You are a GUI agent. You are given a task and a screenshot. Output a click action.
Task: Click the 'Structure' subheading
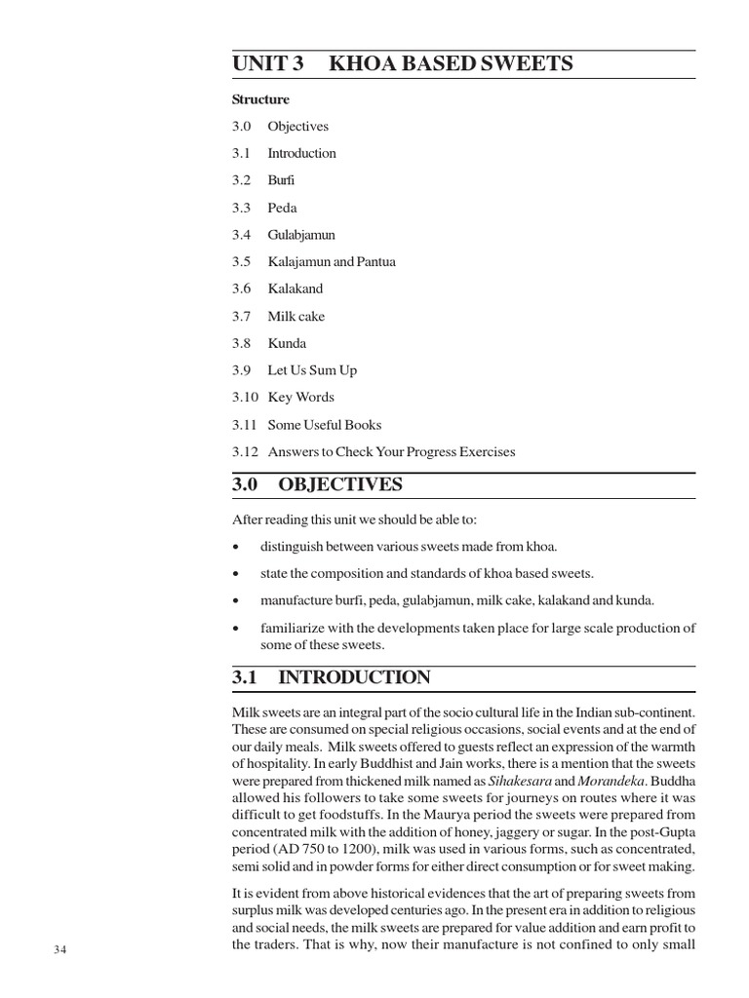pos(260,99)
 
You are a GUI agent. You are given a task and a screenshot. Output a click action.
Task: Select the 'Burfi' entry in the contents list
pos(281,180)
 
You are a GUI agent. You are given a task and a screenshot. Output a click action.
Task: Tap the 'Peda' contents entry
pos(282,208)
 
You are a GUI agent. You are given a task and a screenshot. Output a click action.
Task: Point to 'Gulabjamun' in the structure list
pos(301,235)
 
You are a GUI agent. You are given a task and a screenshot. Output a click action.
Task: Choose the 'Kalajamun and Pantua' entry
pos(332,262)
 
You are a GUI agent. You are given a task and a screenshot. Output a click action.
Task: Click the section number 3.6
pos(241,288)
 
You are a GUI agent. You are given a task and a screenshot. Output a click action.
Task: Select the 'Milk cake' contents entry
pos(296,316)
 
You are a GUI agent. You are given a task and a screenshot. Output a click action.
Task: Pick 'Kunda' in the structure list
pos(287,343)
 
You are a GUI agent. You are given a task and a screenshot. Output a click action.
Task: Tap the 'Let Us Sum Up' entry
pos(312,370)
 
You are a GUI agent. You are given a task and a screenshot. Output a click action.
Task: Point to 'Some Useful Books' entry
pos(325,425)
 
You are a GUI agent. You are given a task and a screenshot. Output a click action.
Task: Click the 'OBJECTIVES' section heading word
pos(340,485)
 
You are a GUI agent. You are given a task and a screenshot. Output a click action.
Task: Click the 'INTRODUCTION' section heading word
pos(354,677)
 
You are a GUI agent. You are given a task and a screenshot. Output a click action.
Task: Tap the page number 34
pos(61,950)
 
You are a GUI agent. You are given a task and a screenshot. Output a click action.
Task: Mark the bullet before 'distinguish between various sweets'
pos(237,547)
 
